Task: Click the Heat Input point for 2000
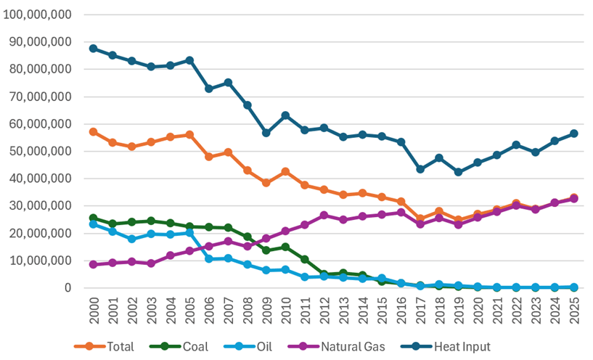pos(94,49)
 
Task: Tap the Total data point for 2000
pos(94,132)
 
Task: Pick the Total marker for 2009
pos(266,183)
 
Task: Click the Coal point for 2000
pos(94,218)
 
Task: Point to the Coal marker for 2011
pos(304,259)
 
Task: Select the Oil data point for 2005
pos(189,233)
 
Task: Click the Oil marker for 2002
pos(132,239)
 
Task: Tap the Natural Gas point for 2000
pos(94,264)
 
